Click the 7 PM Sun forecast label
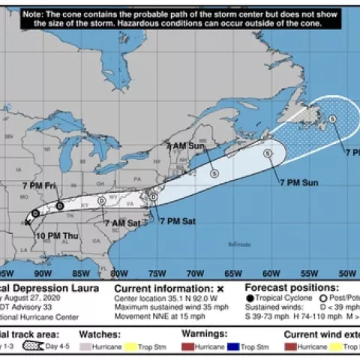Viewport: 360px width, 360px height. coord(300,182)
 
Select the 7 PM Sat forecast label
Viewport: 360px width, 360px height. coord(178,220)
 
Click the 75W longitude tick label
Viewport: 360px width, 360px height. coord(156,274)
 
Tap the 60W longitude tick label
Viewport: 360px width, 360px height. coord(271,274)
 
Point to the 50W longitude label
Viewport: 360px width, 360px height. coord(347,274)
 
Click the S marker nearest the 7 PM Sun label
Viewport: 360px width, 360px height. coord(268,153)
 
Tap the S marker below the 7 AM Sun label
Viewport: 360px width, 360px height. coord(214,172)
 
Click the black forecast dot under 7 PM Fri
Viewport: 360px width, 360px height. coord(60,205)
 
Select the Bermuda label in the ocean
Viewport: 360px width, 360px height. coord(241,244)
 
